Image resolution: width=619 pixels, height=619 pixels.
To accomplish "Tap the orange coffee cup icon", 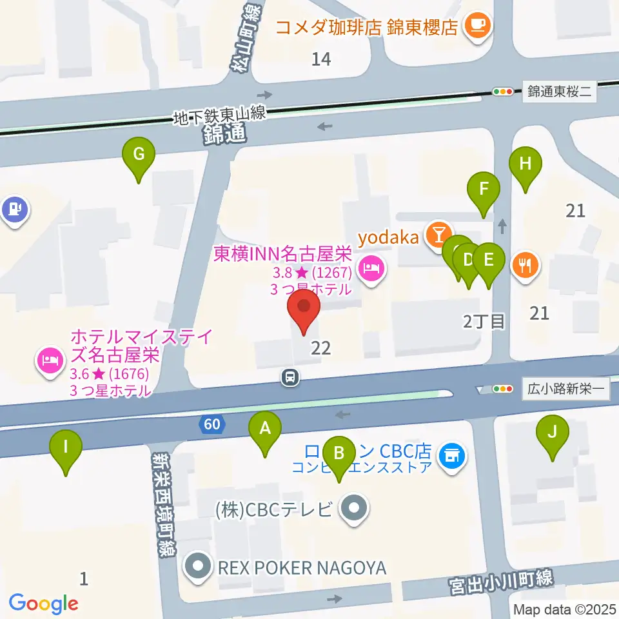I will point(477,26).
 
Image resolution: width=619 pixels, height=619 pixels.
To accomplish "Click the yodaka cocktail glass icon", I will point(439,234).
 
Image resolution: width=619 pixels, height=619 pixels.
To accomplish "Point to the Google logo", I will point(43,604).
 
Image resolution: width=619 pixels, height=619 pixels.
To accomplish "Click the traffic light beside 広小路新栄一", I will point(502,389).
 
